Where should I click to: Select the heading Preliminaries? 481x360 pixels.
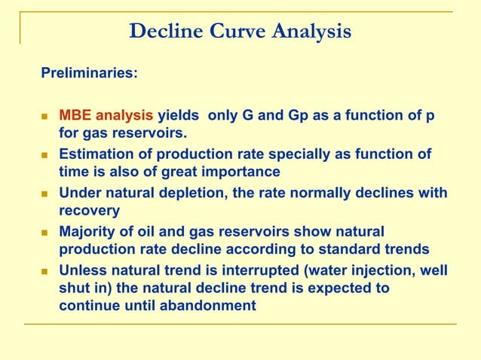[89, 75]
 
